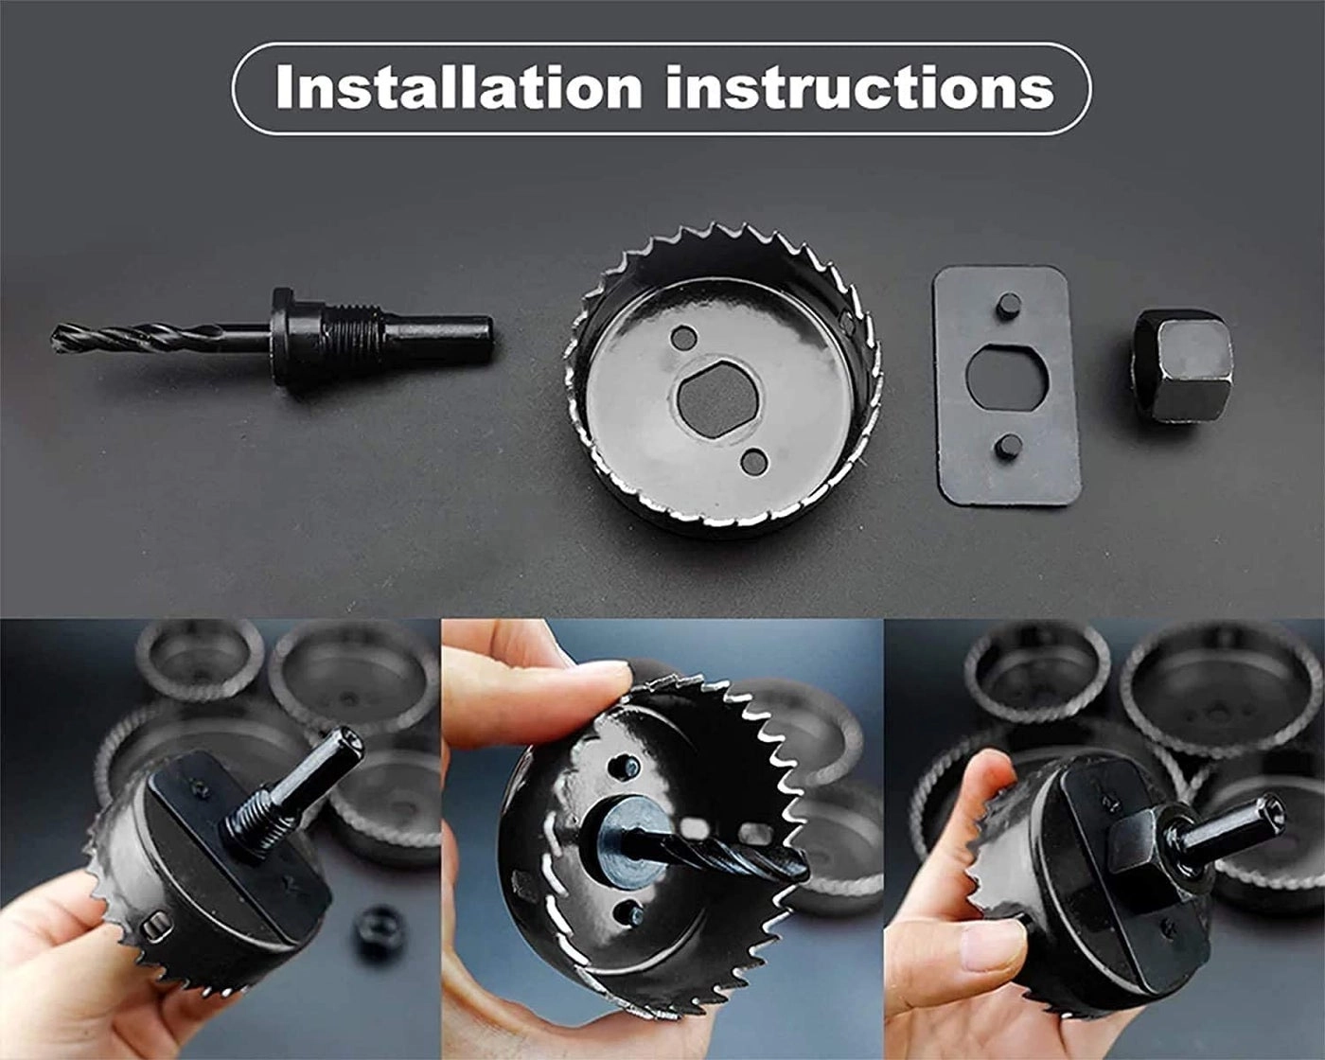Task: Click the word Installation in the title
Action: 459,87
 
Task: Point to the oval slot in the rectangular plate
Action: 1008,376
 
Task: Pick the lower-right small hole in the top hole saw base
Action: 754,461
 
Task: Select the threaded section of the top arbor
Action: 356,330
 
